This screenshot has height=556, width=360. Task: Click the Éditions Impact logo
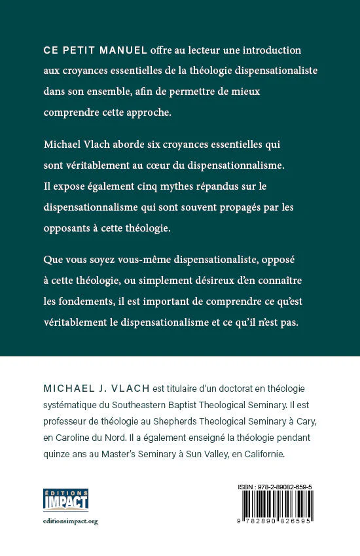(x=65, y=500)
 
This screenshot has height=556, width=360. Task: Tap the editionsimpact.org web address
(x=69, y=521)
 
